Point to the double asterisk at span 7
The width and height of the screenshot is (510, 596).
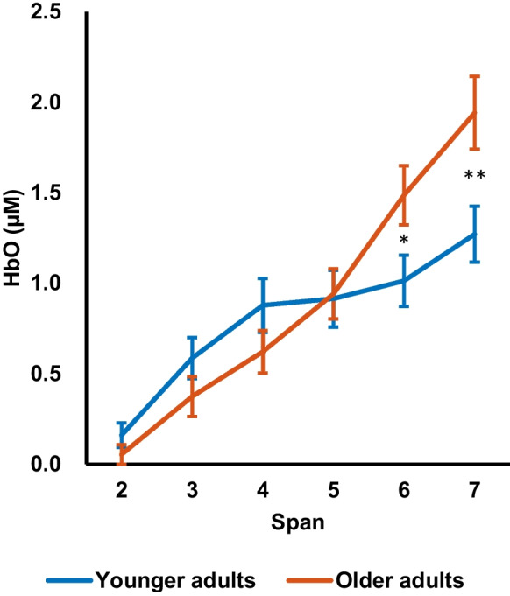474,177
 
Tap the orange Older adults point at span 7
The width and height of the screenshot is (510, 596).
474,113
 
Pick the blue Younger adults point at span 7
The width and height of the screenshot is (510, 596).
474,234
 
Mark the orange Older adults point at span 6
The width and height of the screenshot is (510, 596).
404,194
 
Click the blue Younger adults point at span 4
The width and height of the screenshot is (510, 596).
262,305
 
